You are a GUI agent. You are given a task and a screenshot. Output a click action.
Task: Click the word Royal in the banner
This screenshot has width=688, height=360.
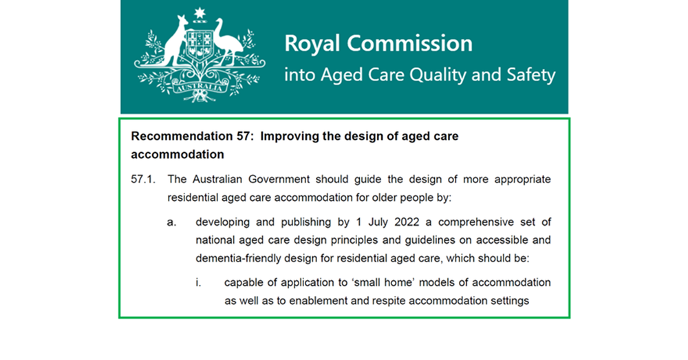coord(312,44)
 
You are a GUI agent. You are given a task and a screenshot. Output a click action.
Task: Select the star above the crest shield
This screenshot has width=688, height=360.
coord(200,12)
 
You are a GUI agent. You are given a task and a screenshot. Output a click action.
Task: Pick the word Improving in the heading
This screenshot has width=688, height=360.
coord(309,136)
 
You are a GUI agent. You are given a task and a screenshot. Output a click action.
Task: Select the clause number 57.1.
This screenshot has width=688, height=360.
coord(142,180)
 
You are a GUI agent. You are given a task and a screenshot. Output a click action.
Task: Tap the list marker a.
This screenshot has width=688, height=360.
coord(171,222)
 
